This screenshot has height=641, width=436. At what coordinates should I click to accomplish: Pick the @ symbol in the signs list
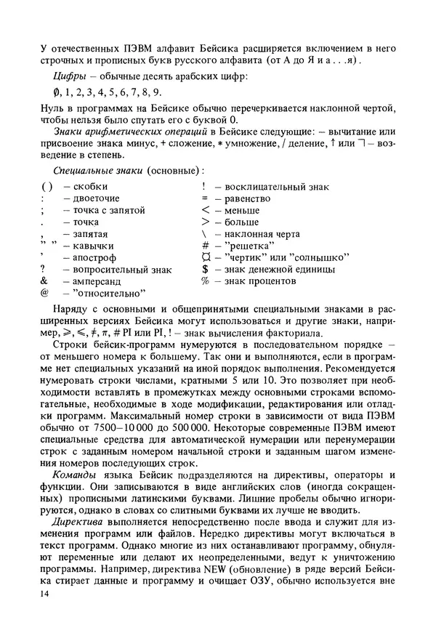[45, 294]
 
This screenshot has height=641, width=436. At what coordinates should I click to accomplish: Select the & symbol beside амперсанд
[45, 281]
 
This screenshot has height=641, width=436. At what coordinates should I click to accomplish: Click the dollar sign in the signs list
[206, 269]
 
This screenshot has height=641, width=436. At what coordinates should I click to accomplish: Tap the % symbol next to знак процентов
[206, 281]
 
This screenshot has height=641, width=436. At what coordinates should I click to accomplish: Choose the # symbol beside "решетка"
[206, 246]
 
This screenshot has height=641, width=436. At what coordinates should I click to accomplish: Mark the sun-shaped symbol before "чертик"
[206, 257]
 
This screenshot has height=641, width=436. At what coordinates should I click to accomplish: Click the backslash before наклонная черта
[206, 234]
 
